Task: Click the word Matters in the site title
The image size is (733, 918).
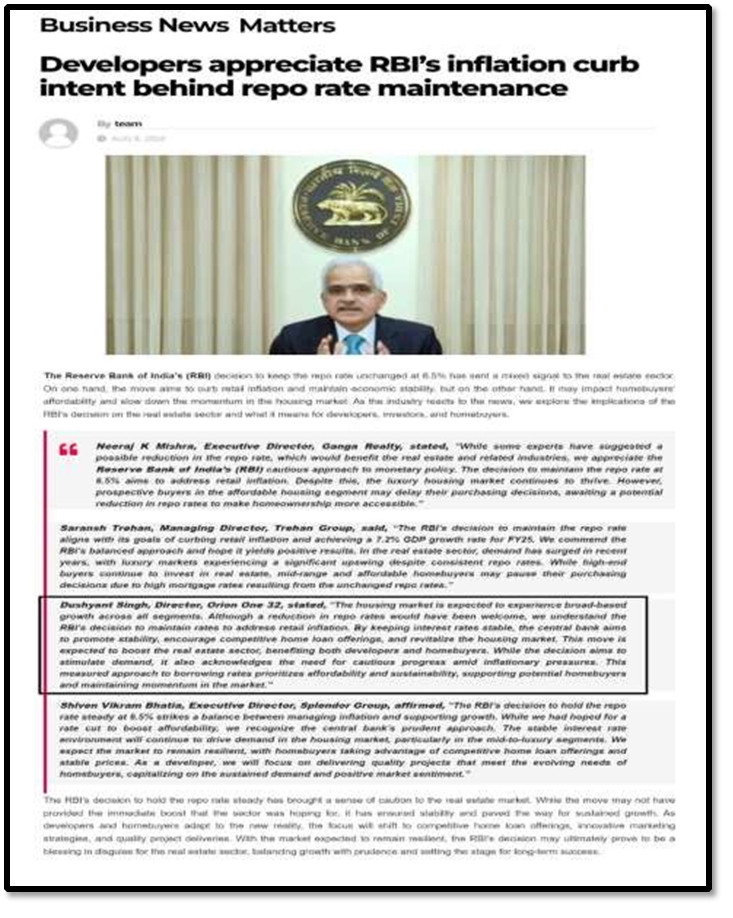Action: pos(288,25)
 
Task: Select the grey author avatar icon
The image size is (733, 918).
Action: pos(58,133)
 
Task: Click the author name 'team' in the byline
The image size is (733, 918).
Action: pos(128,124)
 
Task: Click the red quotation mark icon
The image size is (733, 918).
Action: pos(68,449)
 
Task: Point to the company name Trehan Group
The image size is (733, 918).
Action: pos(313,528)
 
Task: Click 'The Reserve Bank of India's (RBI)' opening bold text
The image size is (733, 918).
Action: pos(128,375)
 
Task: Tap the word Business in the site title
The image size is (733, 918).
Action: pos(96,25)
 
